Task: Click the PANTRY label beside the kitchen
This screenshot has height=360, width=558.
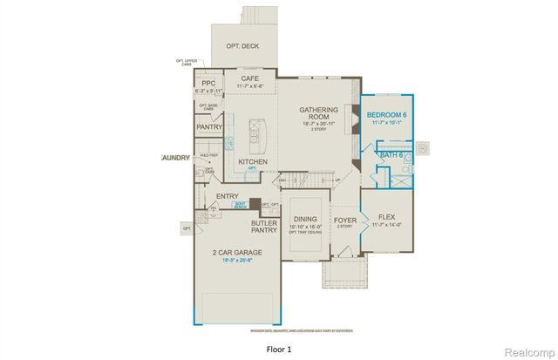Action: [209, 127]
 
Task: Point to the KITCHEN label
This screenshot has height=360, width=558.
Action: [252, 161]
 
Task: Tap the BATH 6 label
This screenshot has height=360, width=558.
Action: [390, 155]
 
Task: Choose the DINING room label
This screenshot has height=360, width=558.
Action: [305, 220]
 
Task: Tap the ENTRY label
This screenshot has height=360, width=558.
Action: [227, 196]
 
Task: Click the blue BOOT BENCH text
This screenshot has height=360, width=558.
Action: [240, 207]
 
